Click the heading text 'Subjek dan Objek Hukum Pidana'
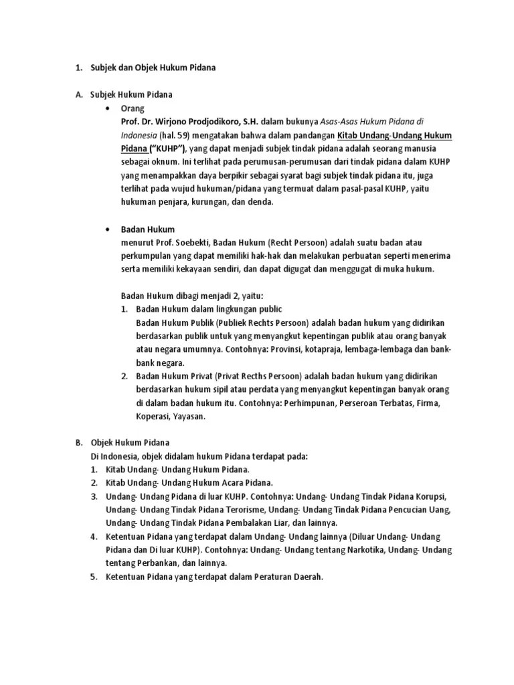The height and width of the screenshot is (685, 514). (x=153, y=68)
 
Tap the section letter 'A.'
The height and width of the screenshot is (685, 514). (x=78, y=95)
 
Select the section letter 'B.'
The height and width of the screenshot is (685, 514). (x=78, y=443)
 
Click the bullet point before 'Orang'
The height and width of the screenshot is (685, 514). (x=108, y=108)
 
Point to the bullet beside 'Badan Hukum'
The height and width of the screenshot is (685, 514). (x=108, y=229)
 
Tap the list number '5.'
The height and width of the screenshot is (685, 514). (x=94, y=577)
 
